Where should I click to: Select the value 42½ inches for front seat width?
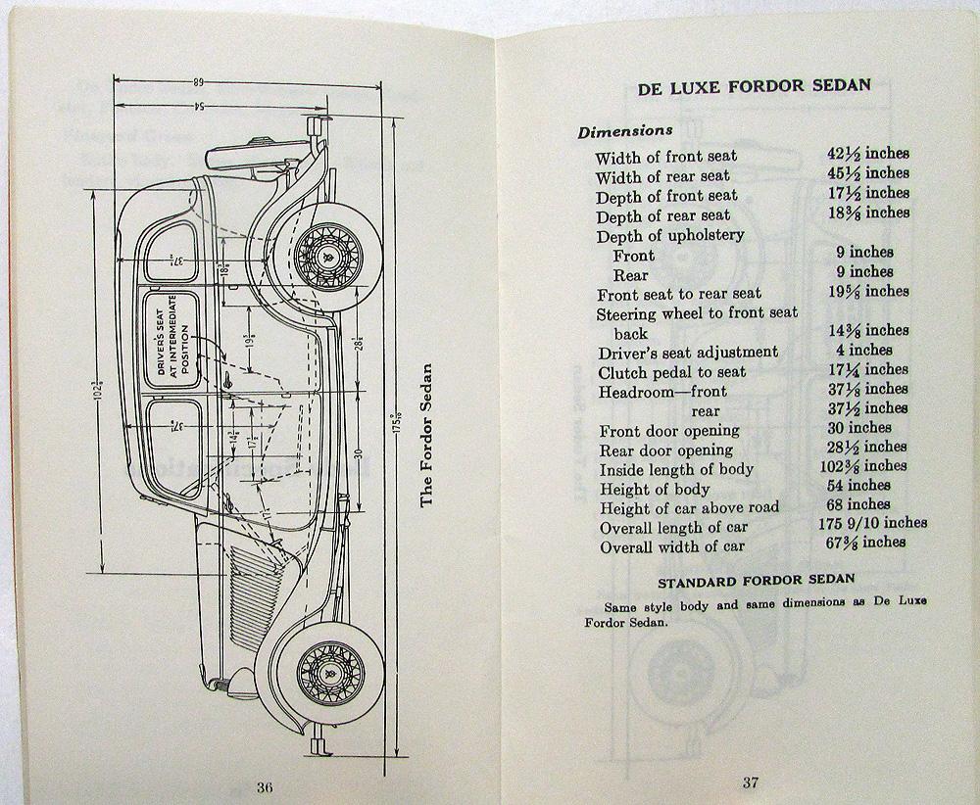[866, 154]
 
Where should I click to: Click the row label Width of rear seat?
[662, 176]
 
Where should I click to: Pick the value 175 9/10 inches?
[874, 524]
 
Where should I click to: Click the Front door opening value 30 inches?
[857, 427]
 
